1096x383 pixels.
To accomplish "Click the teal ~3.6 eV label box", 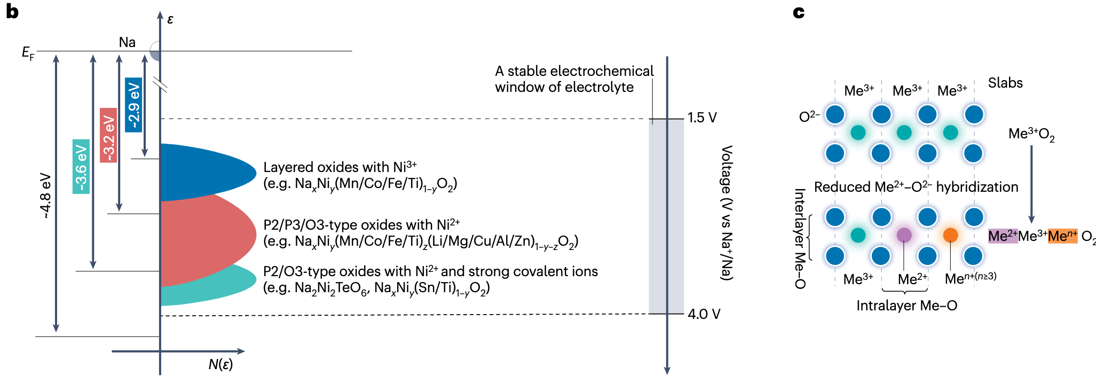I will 81,166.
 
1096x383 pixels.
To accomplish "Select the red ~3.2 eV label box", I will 108,135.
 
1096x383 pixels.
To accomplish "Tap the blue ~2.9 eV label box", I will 133,105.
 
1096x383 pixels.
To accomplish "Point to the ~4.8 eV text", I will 45,196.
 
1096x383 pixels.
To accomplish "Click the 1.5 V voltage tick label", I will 702,118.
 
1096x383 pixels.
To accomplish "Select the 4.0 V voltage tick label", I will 704,314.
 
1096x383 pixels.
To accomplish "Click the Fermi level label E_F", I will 28,53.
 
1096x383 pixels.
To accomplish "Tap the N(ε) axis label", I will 220,365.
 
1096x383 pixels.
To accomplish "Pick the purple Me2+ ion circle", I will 904,235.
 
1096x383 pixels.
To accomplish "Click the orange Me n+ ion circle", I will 950,235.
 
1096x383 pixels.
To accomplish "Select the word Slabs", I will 1005,83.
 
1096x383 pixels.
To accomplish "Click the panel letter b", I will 12,12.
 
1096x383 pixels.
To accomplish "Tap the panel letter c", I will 799,12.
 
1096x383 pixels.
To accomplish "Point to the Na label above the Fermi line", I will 127,42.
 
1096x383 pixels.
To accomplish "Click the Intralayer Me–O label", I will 906,306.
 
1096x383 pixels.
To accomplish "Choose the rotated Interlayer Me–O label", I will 799,238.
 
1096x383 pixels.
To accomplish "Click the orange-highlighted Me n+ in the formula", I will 1062,236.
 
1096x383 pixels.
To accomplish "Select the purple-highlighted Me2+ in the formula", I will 1003,236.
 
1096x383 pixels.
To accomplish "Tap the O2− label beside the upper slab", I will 809,116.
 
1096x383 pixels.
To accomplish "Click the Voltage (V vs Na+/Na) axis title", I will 727,213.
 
